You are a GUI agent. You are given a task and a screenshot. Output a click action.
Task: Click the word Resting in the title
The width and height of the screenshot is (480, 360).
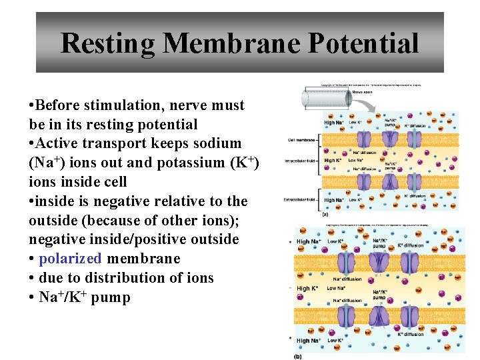point(107,44)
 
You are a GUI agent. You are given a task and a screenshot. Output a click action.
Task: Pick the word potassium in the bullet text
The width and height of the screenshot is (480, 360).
point(190,163)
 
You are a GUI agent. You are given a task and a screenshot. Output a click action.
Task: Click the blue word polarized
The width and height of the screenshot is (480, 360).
point(71,259)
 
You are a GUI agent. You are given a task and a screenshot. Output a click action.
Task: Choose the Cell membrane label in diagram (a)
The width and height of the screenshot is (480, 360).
point(300,140)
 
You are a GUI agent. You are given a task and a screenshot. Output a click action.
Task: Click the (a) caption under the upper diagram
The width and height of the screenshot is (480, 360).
point(325,215)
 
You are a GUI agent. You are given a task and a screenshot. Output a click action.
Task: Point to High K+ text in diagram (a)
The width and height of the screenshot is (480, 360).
point(332,161)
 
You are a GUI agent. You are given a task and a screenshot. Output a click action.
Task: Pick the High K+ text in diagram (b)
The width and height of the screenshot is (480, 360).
point(308,289)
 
